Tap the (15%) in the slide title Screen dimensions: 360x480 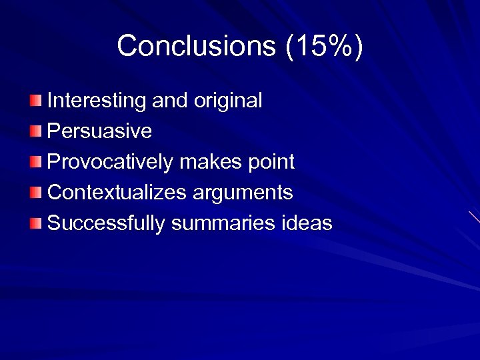(324, 47)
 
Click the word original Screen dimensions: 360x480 (228, 101)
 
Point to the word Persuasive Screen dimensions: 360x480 (100, 131)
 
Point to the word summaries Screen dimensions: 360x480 (221, 223)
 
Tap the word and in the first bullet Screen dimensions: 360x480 (170, 101)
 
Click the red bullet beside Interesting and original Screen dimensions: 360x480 (35, 101)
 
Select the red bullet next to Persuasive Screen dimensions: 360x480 (35, 131)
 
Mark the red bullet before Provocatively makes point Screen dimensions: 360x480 (35, 162)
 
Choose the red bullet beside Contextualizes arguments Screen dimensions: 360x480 (35, 193)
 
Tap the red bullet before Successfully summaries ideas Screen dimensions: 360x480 (35, 223)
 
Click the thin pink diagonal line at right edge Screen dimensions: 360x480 (474, 217)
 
